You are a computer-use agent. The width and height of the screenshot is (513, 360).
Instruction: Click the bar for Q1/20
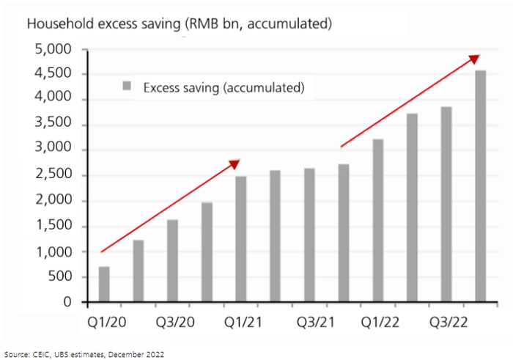tap(104, 284)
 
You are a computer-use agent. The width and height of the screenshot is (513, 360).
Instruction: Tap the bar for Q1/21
tap(240, 239)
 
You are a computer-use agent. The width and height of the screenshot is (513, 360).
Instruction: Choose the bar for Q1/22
tap(378, 220)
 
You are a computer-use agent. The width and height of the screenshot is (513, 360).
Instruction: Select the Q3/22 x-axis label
tap(447, 322)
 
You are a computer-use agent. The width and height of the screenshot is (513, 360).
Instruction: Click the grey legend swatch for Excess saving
tap(126, 87)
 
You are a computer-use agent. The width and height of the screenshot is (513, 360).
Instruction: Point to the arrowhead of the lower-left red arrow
tap(235, 163)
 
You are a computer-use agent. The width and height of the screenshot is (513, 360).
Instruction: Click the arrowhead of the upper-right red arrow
tap(475, 58)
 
